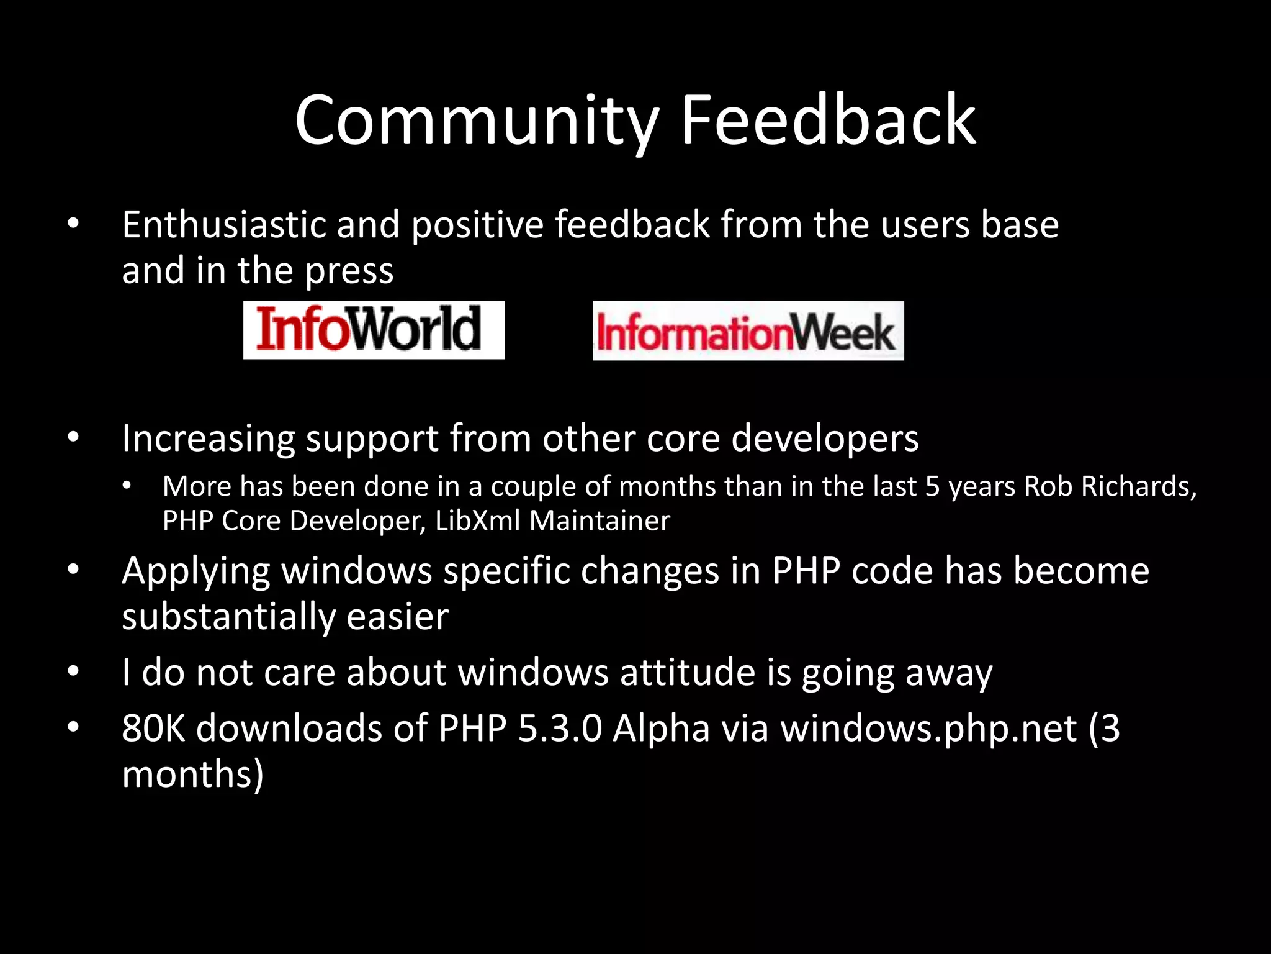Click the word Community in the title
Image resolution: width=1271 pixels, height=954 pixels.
(475, 121)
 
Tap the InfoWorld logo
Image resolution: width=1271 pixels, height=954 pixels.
(374, 330)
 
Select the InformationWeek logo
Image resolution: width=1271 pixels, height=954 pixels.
(748, 330)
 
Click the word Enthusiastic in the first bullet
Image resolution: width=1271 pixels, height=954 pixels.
(224, 224)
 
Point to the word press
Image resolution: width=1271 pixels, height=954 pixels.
(349, 271)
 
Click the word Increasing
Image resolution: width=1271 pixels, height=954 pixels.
(208, 439)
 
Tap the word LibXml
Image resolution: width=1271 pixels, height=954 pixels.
(477, 520)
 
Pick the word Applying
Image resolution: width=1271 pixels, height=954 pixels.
(196, 572)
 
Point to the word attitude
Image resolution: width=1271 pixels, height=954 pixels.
(686, 673)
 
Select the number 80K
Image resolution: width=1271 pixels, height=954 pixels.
(153, 729)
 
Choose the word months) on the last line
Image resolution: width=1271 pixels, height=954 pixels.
(193, 775)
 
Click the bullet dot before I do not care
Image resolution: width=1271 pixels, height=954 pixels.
(73, 671)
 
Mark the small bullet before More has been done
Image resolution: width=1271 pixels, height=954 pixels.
(127, 486)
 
